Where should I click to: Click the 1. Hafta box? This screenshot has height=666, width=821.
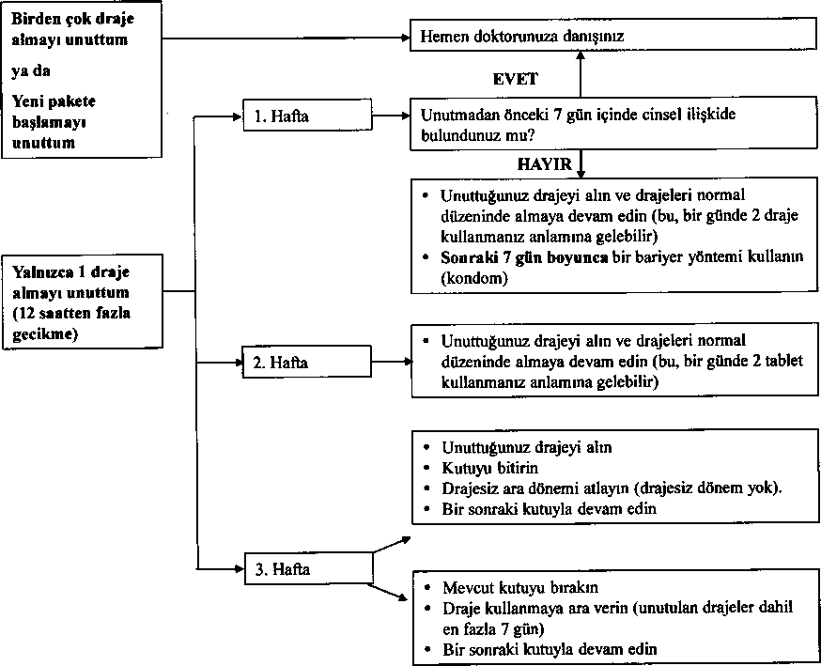307,116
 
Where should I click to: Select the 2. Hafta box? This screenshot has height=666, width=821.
307,362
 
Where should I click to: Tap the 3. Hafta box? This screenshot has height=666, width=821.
308,568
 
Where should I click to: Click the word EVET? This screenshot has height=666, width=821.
515,79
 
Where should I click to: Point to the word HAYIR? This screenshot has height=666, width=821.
545,164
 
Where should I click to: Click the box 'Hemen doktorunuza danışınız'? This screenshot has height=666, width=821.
613,36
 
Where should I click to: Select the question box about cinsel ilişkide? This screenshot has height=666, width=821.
613,124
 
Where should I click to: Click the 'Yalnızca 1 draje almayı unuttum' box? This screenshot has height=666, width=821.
83,302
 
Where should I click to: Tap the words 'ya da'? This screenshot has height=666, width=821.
31,70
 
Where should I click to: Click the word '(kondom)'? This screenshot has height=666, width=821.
474,278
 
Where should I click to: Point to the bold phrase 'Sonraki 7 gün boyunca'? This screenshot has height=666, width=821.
524,257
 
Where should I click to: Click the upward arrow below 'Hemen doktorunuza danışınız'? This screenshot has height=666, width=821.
581,74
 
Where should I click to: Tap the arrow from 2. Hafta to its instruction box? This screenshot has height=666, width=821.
392,362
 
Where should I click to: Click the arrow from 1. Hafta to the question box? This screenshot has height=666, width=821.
391,116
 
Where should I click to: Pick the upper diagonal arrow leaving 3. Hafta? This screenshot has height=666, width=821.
392,545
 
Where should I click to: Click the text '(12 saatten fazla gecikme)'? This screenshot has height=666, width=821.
71,323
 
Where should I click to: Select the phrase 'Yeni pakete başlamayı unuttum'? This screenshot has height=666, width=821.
54,121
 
